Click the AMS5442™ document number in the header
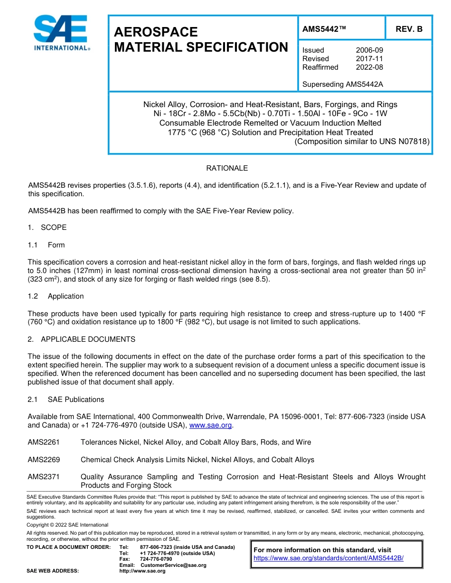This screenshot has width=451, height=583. click(324, 29)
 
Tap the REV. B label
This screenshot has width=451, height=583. click(409, 29)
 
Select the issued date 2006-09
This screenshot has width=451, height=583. click(369, 50)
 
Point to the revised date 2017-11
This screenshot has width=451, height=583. click(369, 59)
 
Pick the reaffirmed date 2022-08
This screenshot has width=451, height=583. click(369, 67)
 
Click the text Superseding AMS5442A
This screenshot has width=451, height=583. click(342, 85)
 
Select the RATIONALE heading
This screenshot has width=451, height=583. click(227, 168)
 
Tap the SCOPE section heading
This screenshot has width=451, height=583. click(54, 228)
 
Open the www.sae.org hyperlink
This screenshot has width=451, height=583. click(210, 425)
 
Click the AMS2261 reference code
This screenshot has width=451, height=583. click(44, 442)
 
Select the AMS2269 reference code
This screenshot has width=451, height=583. click(44, 460)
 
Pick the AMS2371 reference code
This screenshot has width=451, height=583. click(44, 477)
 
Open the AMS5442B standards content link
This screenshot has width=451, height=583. click(329, 558)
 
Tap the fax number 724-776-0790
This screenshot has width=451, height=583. click(156, 559)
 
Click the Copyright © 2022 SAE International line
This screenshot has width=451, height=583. click(67, 525)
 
